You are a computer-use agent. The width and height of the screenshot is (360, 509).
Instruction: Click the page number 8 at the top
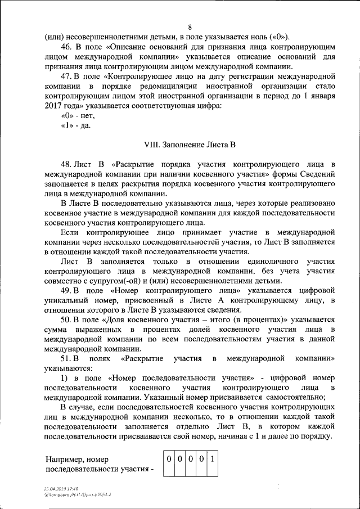click(190, 28)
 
